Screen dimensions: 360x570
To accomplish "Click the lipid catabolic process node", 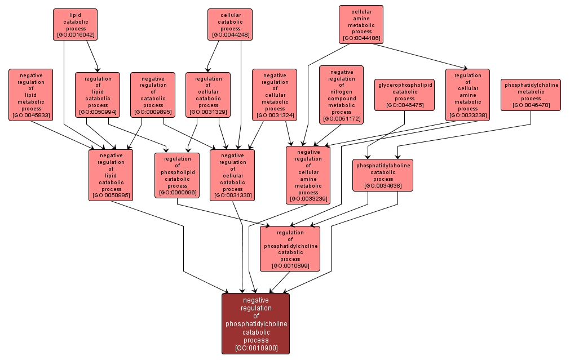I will (75, 24).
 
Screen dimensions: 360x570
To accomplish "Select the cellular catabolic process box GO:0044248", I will (229, 24).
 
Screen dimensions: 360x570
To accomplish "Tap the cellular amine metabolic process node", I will (361, 24).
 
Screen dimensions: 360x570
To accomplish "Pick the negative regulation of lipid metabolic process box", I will (30, 95).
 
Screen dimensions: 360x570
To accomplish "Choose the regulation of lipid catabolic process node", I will (98, 95).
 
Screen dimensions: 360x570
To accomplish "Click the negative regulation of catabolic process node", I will (153, 95).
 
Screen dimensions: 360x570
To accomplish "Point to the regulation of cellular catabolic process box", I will (208, 95).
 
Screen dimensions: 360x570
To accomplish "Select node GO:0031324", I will (275, 95).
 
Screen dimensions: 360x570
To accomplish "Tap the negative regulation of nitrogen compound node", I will (341, 95).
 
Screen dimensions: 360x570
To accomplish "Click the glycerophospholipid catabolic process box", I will (405, 95).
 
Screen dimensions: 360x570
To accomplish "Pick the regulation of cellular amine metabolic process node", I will (467, 95).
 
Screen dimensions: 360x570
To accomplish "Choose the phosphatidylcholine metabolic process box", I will (531, 95).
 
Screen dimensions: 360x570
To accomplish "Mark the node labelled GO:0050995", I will (111, 175).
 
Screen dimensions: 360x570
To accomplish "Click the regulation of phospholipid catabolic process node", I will (177, 175).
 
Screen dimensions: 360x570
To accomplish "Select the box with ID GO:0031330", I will (232, 175).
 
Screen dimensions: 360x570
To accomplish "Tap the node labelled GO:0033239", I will (308, 175).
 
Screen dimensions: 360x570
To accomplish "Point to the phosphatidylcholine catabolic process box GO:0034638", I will (383, 175).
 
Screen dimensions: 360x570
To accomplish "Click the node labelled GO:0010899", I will (290, 248).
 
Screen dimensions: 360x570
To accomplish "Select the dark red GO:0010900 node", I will (256, 323).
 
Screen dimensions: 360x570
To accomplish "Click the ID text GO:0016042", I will (75, 35).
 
